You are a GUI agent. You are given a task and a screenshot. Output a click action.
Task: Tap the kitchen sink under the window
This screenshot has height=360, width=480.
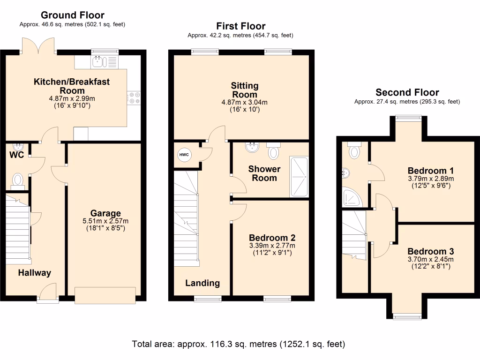click(x=101, y=61)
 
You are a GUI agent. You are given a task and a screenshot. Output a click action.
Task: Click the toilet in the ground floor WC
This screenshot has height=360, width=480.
click(x=18, y=180)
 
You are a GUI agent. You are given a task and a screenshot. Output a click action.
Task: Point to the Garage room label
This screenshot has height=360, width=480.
click(x=106, y=213)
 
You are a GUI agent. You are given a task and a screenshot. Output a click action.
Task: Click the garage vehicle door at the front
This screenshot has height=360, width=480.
click(x=105, y=295)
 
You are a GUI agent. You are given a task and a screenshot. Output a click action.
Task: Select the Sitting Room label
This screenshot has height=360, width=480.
click(x=244, y=90)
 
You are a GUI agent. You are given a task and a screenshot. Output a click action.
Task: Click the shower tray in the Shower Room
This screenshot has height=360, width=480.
click(x=299, y=177)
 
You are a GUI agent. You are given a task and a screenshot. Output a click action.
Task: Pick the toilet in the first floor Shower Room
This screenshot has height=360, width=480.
click(x=274, y=151)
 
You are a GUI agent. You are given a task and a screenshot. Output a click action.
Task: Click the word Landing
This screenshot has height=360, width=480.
click(x=202, y=283)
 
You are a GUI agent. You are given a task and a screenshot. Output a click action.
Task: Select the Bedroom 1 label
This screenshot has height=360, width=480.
click(x=430, y=170)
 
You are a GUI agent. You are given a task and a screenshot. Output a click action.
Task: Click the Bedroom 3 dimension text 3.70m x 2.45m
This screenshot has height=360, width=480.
click(x=430, y=259)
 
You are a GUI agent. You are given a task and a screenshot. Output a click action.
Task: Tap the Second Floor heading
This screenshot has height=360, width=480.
click(x=407, y=92)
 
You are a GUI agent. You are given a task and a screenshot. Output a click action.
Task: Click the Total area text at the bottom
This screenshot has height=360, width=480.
click(x=239, y=344)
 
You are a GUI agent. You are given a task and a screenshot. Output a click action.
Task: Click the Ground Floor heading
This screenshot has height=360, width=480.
click(x=73, y=15)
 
